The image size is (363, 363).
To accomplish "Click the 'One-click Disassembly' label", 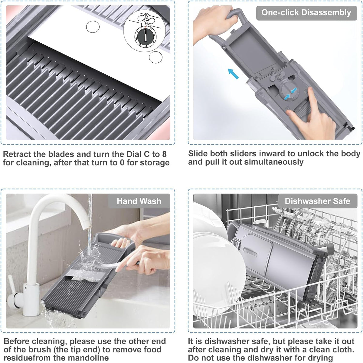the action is (x=306, y=13).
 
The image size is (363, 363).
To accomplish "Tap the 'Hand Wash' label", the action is (x=139, y=201).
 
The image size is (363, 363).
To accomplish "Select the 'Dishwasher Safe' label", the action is (x=317, y=201).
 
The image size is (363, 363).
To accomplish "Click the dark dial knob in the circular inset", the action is (x=146, y=36).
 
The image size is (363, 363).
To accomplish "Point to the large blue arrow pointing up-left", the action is (x=233, y=74).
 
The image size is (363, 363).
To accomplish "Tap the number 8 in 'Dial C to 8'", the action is (x=164, y=154).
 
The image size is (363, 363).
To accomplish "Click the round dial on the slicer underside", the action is (x=289, y=92).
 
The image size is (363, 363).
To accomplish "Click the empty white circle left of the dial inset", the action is (x=93, y=27).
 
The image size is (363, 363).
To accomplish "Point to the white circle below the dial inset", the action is (x=155, y=57).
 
